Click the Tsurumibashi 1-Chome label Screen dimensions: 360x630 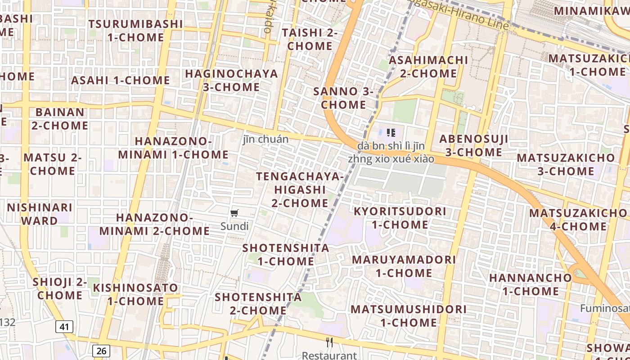[x=135, y=31]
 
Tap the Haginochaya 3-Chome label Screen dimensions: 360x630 [x=231, y=80]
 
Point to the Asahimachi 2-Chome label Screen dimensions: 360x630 [x=428, y=67]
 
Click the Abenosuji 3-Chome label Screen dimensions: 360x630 [x=474, y=145]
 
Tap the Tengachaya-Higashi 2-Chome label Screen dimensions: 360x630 [x=300, y=189]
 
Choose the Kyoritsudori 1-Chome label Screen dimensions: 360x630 [x=400, y=218]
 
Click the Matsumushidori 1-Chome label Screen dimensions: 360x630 [x=409, y=316]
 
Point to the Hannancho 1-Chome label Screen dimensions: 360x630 [x=530, y=284]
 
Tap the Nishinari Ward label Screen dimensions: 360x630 [x=39, y=214]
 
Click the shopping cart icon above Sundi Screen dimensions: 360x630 [x=234, y=213]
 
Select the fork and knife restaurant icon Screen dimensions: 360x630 [x=329, y=342]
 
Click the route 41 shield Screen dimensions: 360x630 [x=64, y=327]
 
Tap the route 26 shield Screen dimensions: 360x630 [x=101, y=351]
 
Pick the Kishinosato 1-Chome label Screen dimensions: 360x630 [x=135, y=294]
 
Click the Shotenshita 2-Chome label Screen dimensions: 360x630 [x=258, y=304]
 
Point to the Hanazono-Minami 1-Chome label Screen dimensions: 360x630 [x=173, y=148]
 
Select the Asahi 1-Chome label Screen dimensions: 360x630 [x=120, y=81]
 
